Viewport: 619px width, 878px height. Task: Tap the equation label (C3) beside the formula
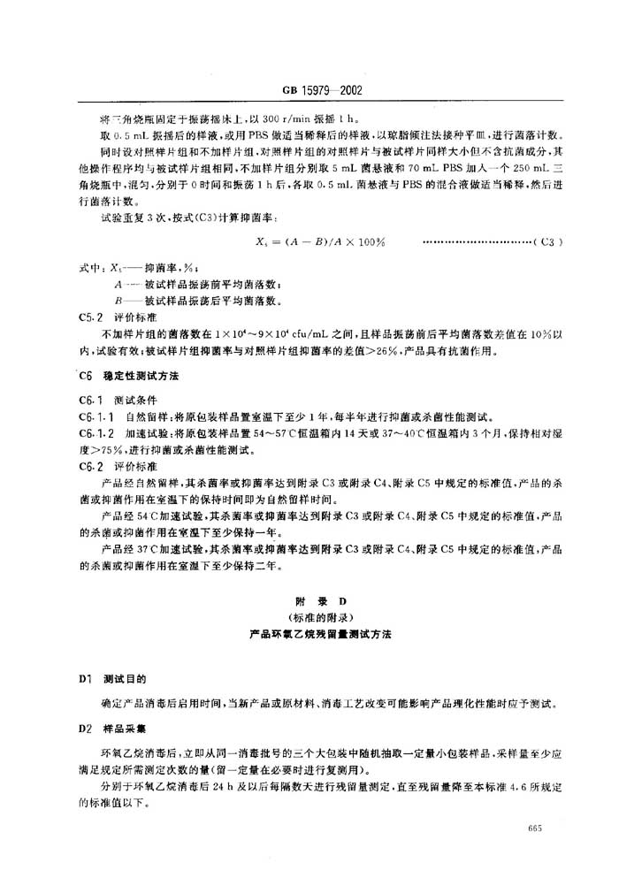coord(549,240)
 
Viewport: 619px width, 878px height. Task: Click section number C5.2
coord(91,316)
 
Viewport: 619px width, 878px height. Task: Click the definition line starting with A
coord(199,284)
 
